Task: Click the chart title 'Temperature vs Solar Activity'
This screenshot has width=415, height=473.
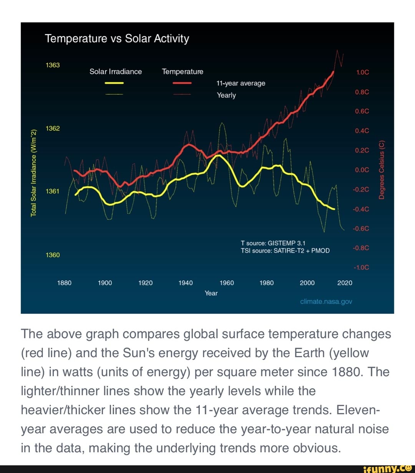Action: [117, 39]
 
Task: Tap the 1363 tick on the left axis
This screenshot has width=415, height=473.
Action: [53, 65]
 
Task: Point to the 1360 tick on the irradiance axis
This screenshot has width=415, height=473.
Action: [53, 255]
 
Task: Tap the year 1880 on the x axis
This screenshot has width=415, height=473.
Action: [64, 283]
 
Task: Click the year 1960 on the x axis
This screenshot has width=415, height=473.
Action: [227, 283]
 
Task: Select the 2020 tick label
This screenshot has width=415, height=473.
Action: [345, 283]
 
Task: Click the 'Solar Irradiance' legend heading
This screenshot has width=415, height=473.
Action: [116, 72]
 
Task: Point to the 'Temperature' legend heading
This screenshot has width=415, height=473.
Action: [183, 72]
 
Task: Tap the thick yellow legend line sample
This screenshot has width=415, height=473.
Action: [115, 83]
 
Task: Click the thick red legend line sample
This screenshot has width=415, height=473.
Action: [183, 83]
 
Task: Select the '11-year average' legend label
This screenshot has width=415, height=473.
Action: [241, 83]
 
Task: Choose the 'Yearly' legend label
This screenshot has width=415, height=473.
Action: [226, 95]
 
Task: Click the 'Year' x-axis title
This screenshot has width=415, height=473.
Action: [211, 293]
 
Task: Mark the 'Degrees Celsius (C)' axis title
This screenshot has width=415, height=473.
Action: [382, 169]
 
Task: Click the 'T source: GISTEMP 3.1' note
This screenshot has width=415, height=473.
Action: [273, 243]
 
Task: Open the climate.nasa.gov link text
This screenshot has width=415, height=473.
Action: [326, 302]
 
